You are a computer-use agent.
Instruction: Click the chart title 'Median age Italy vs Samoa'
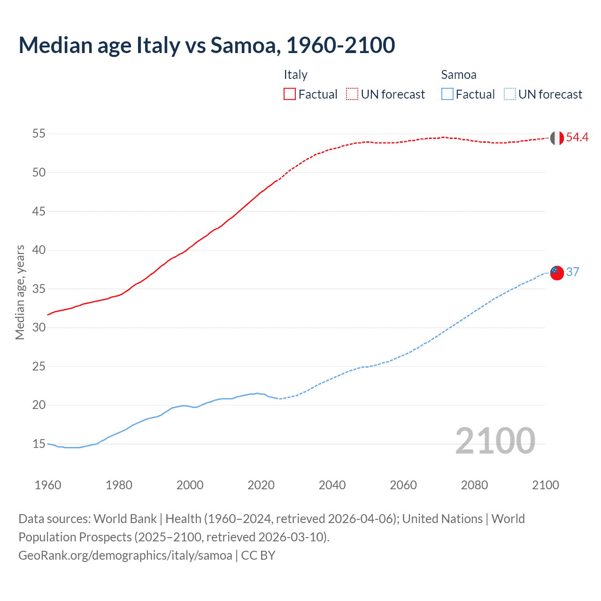pyautogui.click(x=207, y=46)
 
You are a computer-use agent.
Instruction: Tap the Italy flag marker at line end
pyautogui.click(x=556, y=138)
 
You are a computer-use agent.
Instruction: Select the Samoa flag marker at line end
pyautogui.click(x=556, y=273)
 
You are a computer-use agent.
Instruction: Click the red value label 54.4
pyautogui.click(x=577, y=137)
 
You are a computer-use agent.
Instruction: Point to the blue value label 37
pyautogui.click(x=572, y=272)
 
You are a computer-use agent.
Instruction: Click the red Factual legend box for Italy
pyautogui.click(x=290, y=94)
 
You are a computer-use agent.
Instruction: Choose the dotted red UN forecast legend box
pyautogui.click(x=352, y=94)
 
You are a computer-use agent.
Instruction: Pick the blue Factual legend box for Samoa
pyautogui.click(x=447, y=94)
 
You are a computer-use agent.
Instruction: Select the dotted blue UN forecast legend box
pyautogui.click(x=509, y=94)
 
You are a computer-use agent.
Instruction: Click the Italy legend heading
pyautogui.click(x=295, y=75)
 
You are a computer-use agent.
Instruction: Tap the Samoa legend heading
pyautogui.click(x=458, y=75)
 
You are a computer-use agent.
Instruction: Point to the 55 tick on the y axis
pyautogui.click(x=39, y=134)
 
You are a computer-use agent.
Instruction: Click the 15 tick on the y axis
pyautogui.click(x=39, y=444)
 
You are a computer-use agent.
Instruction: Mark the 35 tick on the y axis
pyautogui.click(x=39, y=289)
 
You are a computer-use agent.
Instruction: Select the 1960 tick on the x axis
pyautogui.click(x=48, y=485)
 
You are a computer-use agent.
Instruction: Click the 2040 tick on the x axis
pyautogui.click(x=332, y=485)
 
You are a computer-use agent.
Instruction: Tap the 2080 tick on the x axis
pyautogui.click(x=474, y=485)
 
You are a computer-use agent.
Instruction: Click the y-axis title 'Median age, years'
pyautogui.click(x=20, y=292)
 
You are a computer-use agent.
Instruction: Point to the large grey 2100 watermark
pyautogui.click(x=495, y=441)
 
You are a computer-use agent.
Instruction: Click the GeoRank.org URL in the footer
pyautogui.click(x=125, y=555)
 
